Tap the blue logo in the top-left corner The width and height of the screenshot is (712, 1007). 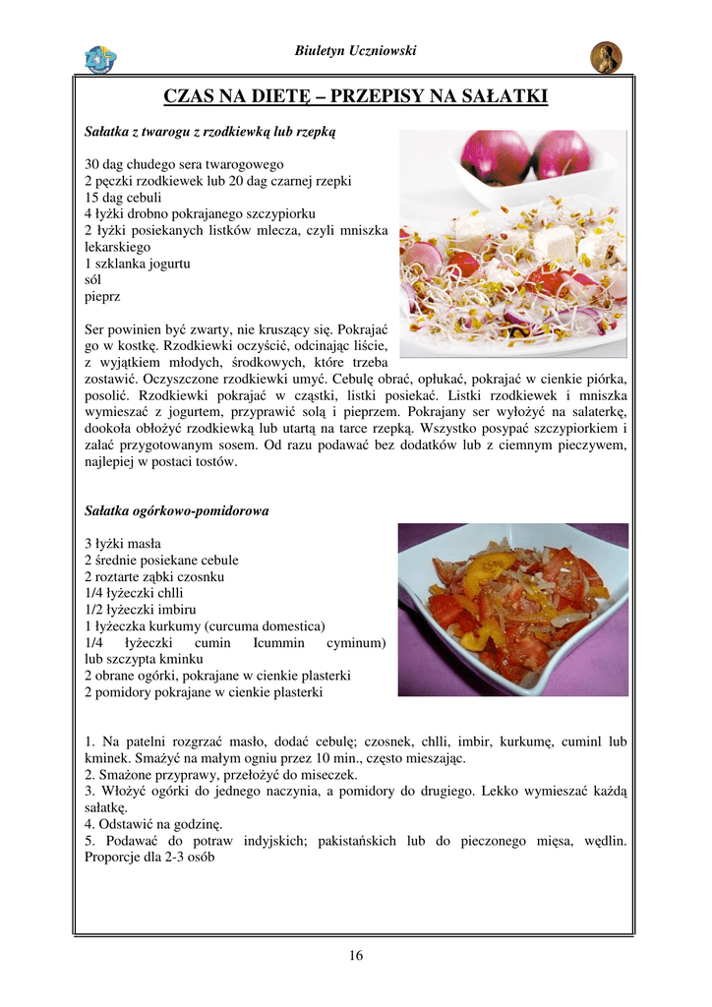tap(100, 59)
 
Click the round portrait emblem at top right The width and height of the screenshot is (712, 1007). tap(606, 58)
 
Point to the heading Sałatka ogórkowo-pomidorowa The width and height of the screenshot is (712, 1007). tap(177, 511)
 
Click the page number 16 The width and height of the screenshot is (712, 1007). tap(355, 955)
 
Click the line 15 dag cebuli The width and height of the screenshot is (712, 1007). tap(125, 197)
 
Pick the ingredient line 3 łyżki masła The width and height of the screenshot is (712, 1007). tap(123, 543)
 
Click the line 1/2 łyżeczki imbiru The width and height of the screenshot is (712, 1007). tap(140, 610)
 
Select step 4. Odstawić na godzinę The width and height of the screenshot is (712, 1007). tap(154, 823)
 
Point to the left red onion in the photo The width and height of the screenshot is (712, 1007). tap(494, 155)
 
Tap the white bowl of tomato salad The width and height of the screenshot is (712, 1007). tap(512, 610)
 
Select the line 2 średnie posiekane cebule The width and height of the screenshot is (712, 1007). tap(161, 560)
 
